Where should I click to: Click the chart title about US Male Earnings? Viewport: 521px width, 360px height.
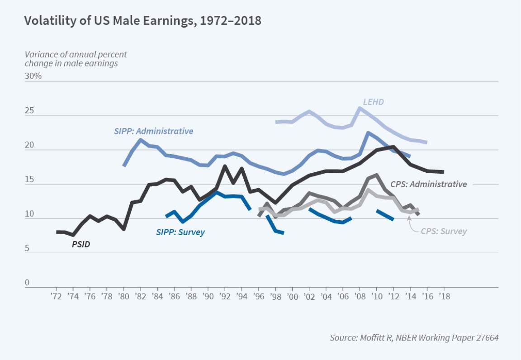[142, 21]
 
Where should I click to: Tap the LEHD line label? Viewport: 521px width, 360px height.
[373, 102]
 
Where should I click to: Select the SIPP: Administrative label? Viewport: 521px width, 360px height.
[153, 131]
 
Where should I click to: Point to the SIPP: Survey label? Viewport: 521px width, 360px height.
[180, 232]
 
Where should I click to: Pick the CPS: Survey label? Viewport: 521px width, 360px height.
[444, 231]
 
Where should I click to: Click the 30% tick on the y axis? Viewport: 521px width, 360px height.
[33, 76]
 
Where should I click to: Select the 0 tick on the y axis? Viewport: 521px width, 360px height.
[27, 283]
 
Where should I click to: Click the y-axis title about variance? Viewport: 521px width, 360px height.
[76, 59]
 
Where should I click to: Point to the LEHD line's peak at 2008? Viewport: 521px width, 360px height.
[360, 108]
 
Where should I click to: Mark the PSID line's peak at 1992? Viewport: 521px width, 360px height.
[225, 166]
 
